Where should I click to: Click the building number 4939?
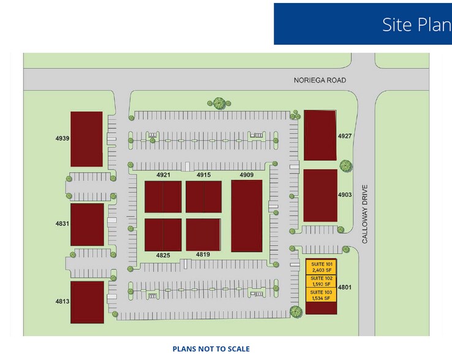tap(62, 138)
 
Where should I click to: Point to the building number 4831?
tap(62, 224)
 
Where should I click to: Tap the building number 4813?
tap(62, 301)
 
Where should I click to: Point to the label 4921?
tap(162, 176)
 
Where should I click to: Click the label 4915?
tap(203, 176)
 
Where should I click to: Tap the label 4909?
tap(246, 176)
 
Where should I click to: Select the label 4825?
tap(163, 255)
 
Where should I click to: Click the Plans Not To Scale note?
tap(211, 349)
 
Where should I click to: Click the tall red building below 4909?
tap(246, 216)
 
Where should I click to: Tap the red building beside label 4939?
tap(86, 139)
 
